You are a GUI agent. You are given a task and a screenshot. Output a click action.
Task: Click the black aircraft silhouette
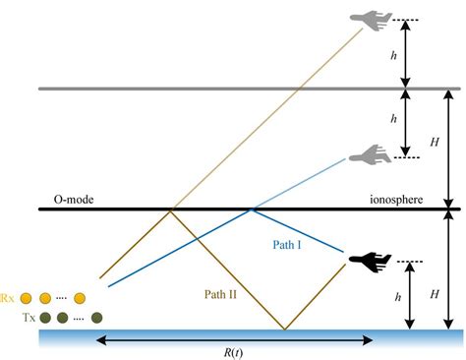(x=369, y=261)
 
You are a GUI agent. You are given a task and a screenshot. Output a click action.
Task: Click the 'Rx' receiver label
(x=7, y=297)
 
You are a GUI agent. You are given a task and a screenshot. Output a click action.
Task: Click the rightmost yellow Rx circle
(x=80, y=297)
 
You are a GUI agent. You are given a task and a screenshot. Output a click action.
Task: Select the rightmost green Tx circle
(x=97, y=317)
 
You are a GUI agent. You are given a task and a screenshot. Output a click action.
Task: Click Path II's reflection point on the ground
(x=285, y=329)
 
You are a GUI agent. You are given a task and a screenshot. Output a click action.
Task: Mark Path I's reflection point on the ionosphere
(x=252, y=210)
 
